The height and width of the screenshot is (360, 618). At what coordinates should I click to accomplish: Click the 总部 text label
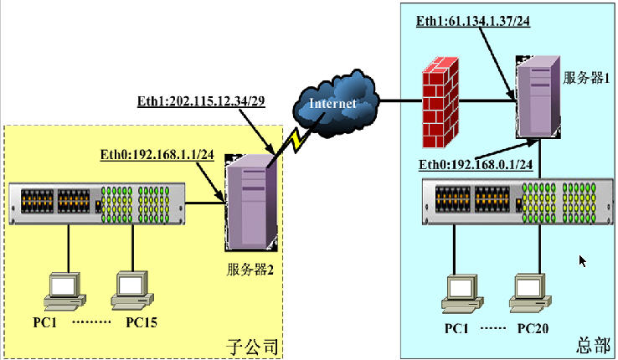coord(590,344)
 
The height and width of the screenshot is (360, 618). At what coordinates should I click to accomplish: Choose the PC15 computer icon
coord(131,289)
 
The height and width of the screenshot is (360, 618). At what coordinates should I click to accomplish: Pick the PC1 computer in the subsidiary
coord(65,290)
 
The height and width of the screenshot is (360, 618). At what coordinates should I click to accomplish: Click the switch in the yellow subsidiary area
coord(95,203)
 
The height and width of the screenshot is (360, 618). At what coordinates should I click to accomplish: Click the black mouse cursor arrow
coord(583,260)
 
